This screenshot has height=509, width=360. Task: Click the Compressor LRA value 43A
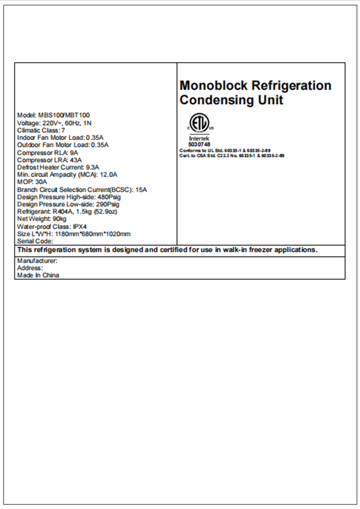(76, 160)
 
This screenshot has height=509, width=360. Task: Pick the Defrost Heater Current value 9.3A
(93, 167)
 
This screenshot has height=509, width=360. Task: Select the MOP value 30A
(41, 182)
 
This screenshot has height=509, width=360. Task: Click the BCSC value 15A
(141, 189)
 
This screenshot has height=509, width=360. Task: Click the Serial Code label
(35, 241)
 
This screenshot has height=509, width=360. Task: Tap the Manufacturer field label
(37, 261)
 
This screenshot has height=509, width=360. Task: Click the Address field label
(30, 268)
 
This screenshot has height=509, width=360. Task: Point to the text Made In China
(38, 275)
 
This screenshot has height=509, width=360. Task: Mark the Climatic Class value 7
(63, 130)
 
